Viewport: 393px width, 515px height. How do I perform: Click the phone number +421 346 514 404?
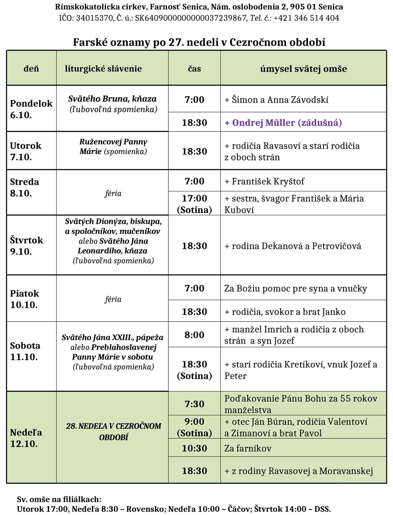click(x=306, y=18)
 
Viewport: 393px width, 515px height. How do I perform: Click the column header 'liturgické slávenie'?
click(x=103, y=69)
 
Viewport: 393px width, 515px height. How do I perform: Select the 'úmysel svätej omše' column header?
click(x=303, y=69)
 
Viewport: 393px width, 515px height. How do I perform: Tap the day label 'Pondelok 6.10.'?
click(x=31, y=109)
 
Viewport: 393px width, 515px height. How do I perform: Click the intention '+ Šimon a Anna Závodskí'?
click(x=276, y=100)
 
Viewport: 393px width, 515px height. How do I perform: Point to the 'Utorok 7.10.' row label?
click(x=26, y=151)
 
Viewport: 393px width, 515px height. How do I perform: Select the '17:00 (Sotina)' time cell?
click(x=194, y=204)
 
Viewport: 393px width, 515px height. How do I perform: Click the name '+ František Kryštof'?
click(x=264, y=181)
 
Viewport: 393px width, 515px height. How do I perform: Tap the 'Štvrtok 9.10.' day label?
click(x=26, y=245)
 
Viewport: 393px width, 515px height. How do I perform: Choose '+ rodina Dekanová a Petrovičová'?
click(x=293, y=246)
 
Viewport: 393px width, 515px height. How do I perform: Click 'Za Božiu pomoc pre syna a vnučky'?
click(x=295, y=288)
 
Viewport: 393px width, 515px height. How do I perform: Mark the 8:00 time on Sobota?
click(x=194, y=335)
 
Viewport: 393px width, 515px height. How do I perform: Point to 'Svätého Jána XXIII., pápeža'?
click(x=113, y=337)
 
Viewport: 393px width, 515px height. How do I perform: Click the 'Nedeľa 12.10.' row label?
click(x=26, y=438)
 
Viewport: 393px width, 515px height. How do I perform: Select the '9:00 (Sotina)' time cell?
click(x=194, y=427)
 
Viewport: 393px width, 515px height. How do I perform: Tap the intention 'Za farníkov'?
click(x=248, y=448)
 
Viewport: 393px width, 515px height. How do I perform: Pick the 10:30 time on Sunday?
click(x=194, y=448)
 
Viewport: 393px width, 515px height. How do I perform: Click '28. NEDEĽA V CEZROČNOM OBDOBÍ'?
click(x=114, y=432)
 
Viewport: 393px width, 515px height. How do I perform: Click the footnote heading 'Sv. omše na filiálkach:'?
click(x=59, y=499)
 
